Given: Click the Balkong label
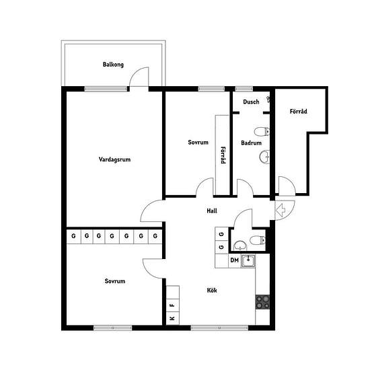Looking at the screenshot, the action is click(113, 65).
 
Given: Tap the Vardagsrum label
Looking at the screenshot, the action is click(114, 159).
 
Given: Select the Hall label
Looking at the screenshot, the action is click(212, 211).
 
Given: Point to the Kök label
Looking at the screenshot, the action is click(212, 290).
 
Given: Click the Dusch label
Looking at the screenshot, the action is click(251, 102).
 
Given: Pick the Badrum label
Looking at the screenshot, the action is click(251, 143).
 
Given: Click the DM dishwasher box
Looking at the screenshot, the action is click(235, 260).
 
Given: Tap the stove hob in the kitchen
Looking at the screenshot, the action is click(262, 302).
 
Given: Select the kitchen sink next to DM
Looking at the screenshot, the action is click(248, 261).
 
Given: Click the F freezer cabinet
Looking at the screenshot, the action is click(173, 305).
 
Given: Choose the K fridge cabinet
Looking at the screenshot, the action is click(173, 318).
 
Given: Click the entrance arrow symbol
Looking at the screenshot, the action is click(281, 209).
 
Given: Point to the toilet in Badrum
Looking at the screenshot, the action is click(262, 132).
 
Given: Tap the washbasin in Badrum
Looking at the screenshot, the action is click(264, 156).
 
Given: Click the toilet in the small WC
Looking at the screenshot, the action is click(258, 240).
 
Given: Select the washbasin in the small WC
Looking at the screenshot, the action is click(240, 246).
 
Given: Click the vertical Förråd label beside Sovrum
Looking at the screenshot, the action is click(223, 155).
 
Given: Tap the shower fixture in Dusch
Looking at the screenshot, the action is click(268, 100).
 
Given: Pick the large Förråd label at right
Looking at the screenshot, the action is click(298, 112).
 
